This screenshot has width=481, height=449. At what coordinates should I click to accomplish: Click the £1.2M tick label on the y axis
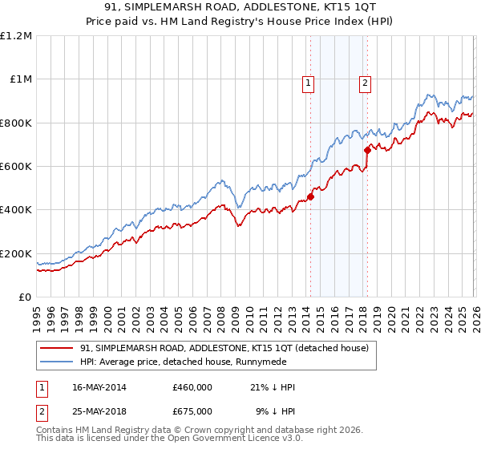16,36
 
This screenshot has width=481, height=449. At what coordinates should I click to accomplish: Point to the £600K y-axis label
16,167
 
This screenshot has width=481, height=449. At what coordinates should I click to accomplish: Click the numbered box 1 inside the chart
309,81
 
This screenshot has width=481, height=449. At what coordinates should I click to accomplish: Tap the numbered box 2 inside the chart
365,81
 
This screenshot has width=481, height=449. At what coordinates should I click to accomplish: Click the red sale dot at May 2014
310,197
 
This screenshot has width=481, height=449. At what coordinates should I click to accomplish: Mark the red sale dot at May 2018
367,150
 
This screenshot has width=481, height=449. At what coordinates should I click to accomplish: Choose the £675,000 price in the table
192,411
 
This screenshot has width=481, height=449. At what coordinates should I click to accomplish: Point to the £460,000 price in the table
192,388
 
